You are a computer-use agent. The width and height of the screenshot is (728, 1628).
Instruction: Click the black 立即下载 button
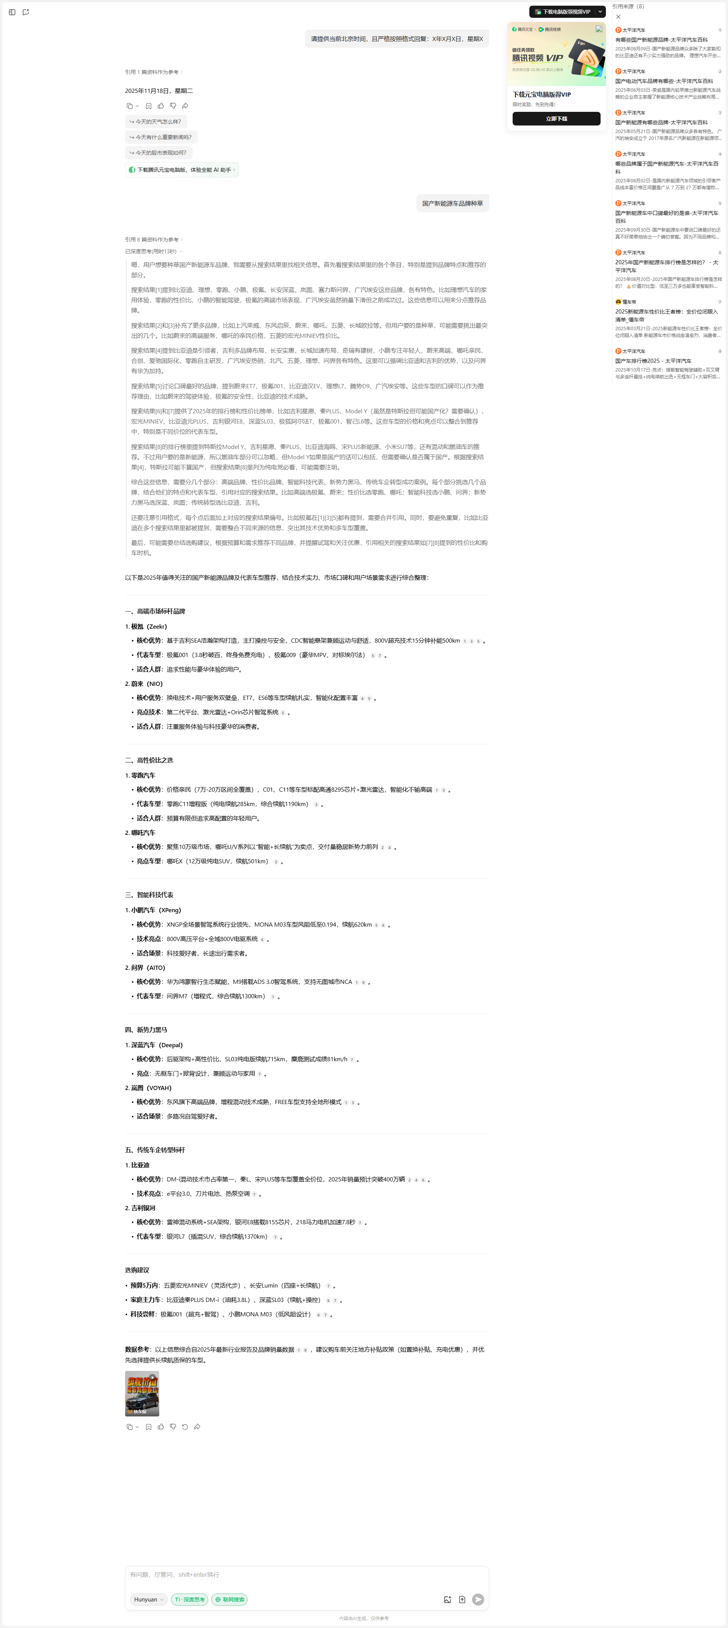(556, 119)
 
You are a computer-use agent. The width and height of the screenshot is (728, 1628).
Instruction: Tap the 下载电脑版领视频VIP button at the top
(562, 11)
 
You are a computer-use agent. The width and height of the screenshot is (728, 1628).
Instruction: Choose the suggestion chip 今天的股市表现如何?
(158, 152)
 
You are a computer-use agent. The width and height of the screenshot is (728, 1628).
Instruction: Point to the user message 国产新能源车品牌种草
(452, 204)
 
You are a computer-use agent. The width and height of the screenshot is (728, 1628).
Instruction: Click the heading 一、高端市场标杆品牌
(155, 611)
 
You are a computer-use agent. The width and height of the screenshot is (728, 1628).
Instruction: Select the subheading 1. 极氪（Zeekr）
(146, 626)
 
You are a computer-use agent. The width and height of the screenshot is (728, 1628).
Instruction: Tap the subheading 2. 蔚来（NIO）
(144, 684)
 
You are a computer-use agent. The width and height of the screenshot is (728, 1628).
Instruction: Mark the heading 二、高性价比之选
(149, 760)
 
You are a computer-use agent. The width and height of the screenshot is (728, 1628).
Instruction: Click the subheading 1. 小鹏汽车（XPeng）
(153, 910)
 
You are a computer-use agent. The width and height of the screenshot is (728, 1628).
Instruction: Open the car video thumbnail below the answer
(141, 1394)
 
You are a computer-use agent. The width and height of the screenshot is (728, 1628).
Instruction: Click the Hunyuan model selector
(149, 1600)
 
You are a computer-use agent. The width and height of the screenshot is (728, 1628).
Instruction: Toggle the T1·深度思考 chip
(190, 1600)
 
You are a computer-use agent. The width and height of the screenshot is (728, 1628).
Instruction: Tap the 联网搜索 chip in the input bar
(229, 1600)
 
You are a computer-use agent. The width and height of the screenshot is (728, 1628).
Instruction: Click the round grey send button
(479, 1600)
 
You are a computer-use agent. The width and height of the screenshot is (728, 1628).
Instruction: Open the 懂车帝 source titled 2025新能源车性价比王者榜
(667, 315)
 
